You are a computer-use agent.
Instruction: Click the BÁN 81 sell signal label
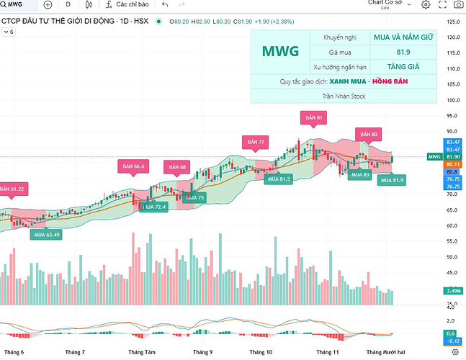tap(313, 117)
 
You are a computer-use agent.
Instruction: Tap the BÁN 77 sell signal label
tap(257, 142)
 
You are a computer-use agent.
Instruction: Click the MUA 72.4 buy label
tap(154, 207)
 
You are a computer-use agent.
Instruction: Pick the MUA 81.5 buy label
tap(278, 179)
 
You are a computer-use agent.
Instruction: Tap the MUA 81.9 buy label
tap(392, 179)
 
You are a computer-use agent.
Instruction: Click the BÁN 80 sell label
tap(369, 134)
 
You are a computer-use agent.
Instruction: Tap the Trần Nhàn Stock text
tap(344, 95)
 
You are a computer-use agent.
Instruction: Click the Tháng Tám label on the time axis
tap(142, 352)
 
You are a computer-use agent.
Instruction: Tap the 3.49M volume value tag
tap(453, 291)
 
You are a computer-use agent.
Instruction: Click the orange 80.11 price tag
tap(453, 164)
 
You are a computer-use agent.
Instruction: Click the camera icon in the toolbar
tap(459, 5)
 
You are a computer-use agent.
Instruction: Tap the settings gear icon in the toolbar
tap(426, 5)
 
